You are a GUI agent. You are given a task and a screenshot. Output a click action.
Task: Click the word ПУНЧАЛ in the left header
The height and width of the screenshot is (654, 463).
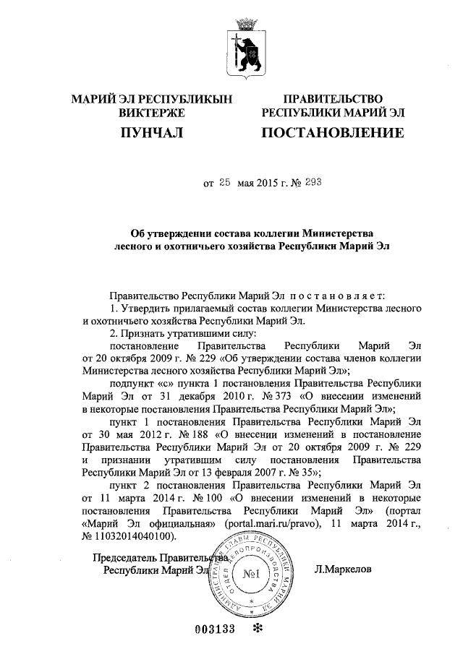click(x=152, y=133)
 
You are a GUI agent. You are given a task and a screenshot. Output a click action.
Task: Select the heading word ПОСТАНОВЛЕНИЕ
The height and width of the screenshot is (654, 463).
click(x=332, y=133)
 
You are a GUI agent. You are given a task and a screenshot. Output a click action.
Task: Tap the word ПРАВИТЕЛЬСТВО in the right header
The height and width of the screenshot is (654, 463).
click(x=333, y=99)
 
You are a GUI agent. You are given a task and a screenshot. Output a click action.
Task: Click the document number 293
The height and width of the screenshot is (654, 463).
click(x=313, y=184)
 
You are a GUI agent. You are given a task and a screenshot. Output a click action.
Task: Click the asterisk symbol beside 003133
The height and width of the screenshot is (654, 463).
click(x=255, y=628)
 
